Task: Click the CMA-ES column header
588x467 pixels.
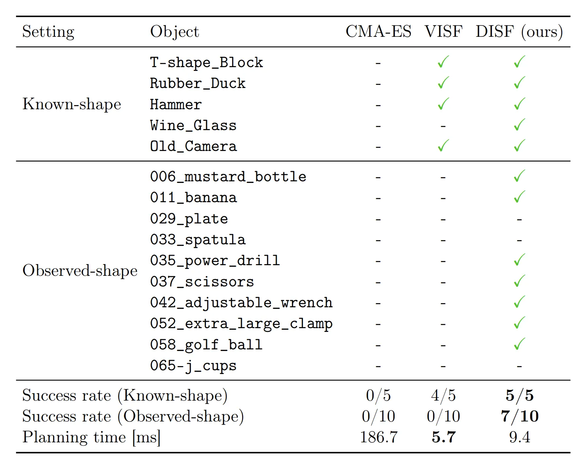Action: (378, 31)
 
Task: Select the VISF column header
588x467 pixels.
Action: (443, 31)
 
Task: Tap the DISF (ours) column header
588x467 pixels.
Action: (519, 31)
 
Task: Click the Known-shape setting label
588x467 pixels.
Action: (72, 104)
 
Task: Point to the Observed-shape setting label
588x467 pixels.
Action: (80, 270)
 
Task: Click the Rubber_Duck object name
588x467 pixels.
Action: (198, 83)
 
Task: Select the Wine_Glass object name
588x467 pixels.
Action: (193, 125)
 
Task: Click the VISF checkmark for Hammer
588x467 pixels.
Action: (443, 104)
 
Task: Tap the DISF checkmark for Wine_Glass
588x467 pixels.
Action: (519, 124)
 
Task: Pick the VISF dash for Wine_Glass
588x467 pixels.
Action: (443, 126)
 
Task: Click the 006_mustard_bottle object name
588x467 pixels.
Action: (228, 177)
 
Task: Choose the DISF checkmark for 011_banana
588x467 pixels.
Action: (519, 197)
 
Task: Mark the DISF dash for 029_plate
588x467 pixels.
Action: (519, 219)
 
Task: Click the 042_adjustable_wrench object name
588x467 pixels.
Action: (241, 303)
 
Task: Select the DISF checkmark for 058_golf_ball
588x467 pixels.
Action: (519, 344)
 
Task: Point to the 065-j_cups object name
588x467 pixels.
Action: (193, 366)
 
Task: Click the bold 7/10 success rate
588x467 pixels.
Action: (519, 416)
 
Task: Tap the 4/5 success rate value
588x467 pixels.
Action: (443, 396)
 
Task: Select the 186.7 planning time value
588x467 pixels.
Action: (378, 437)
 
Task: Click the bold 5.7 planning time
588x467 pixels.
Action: (443, 437)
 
